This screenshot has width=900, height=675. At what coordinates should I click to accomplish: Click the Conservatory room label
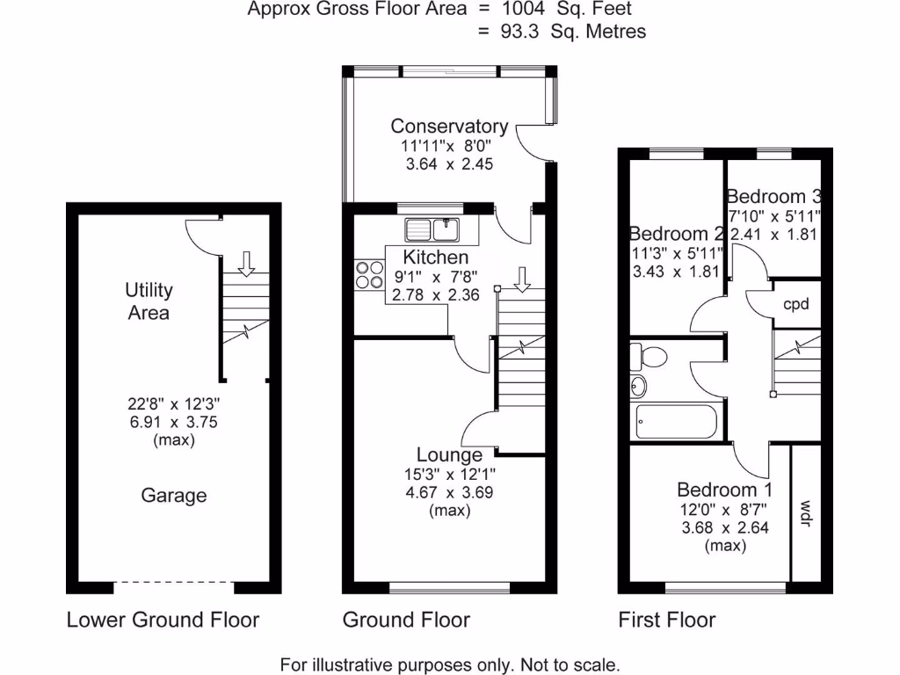[449, 127]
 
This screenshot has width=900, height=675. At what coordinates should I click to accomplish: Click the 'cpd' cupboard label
[795, 304]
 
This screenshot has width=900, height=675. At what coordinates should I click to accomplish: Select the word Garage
[174, 496]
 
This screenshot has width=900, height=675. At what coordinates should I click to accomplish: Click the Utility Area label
[149, 301]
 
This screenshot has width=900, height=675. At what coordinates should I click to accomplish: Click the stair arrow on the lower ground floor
[246, 261]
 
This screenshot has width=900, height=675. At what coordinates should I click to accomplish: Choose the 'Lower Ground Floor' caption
[163, 620]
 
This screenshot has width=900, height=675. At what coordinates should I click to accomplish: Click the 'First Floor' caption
[666, 620]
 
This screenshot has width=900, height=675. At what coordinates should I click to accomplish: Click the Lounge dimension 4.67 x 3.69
[449, 493]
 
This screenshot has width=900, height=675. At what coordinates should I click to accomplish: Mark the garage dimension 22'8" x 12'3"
[173, 405]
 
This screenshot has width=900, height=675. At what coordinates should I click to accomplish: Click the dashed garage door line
[174, 582]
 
